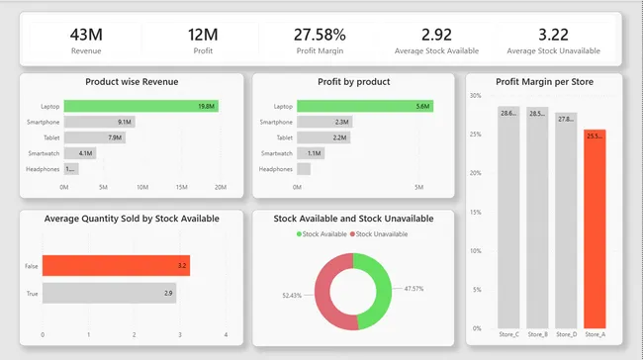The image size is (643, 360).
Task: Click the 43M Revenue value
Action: coord(86,35)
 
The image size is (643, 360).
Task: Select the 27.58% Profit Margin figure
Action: coord(320,35)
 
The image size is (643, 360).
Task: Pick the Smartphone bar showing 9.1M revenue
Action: coord(100,122)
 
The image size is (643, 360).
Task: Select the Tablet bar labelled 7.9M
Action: coord(95,137)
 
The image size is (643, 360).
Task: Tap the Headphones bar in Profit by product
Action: coord(303,169)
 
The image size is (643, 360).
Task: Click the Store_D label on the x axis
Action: coord(566,334)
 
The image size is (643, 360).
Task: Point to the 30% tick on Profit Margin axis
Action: coord(475,96)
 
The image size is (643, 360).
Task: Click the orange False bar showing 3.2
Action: coord(116,266)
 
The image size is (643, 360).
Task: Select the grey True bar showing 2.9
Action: coord(109,294)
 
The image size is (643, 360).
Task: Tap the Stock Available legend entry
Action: coord(321,233)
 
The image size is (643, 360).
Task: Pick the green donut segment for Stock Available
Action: coord(379,287)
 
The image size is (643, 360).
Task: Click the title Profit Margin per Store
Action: coord(544,81)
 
